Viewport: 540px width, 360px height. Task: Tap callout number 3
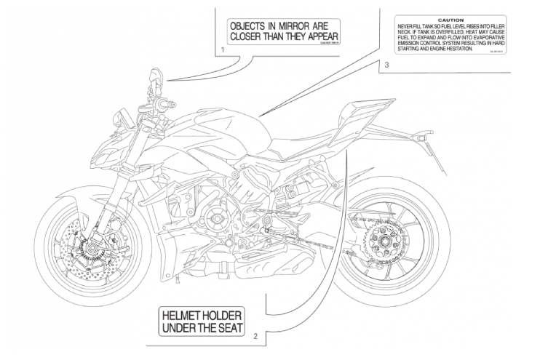coord(387,65)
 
